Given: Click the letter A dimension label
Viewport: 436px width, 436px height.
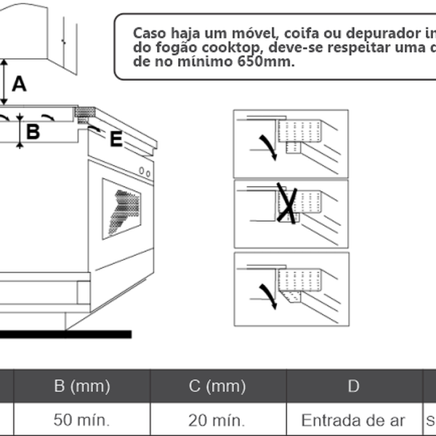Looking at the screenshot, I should point(20,85).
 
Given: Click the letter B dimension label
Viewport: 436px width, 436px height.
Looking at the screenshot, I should point(33,132).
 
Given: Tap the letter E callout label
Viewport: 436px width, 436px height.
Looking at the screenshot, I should point(116,140).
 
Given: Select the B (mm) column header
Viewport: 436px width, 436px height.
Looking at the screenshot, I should point(81,386).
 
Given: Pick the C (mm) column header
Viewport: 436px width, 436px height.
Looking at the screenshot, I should point(217,386).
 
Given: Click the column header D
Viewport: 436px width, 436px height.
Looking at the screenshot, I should point(352,386).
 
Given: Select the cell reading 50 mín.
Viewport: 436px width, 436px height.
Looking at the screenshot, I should point(81,420).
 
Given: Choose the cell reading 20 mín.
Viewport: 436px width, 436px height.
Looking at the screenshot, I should point(217,420).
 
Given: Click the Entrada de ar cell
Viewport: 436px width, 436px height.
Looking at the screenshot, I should point(352,420).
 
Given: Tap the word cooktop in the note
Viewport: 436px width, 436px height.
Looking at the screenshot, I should point(236,48).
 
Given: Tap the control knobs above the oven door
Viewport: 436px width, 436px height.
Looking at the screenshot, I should point(145,172).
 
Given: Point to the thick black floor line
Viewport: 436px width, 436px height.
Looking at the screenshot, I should point(65,334).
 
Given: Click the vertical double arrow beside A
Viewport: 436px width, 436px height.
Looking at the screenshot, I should point(5,82).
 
